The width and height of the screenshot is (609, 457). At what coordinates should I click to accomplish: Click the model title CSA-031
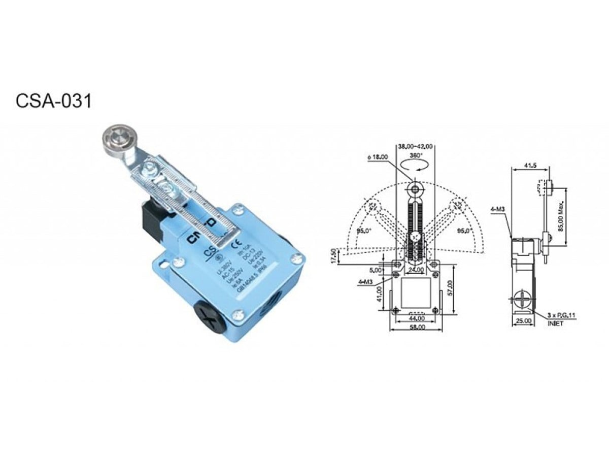pos(54,101)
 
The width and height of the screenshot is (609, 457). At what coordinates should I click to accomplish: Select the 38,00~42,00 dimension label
pos(415,146)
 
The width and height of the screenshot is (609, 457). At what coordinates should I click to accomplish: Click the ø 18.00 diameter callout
pos(378,157)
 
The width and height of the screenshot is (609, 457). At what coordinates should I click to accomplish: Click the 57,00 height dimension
pos(450,286)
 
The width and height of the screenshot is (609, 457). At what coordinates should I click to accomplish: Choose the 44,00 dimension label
pos(416,318)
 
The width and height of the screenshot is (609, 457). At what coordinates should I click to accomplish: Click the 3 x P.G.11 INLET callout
pos(561,318)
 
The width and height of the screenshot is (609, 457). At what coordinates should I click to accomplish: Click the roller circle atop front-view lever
pos(416,190)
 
